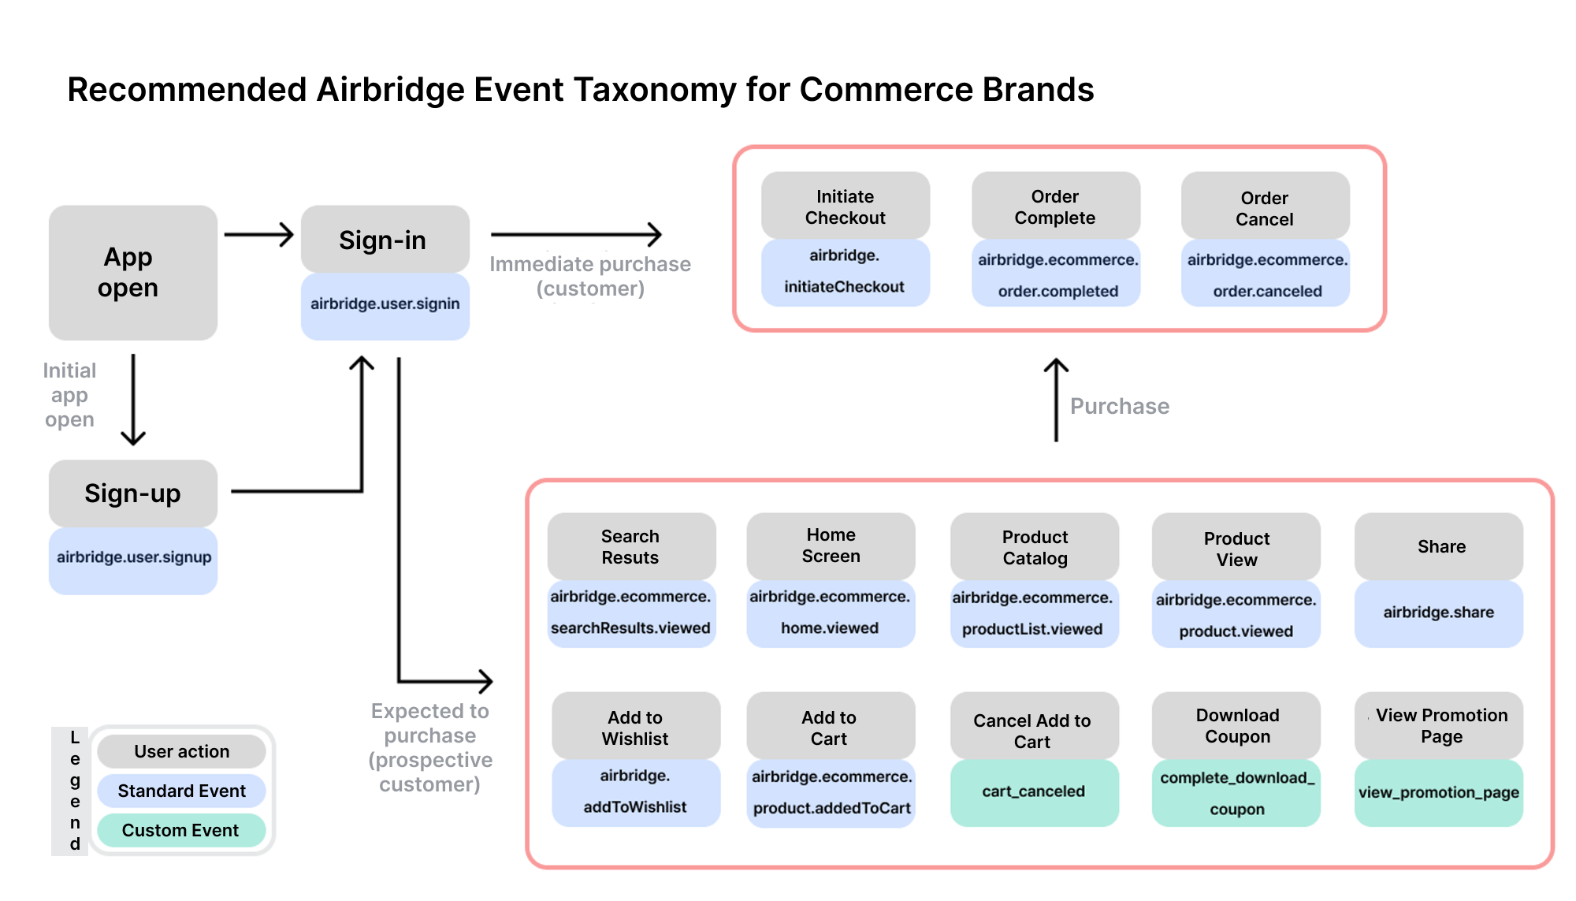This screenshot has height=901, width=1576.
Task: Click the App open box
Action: click(132, 273)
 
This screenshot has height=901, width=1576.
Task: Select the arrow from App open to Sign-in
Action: click(258, 234)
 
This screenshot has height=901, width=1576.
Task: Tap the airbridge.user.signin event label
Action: click(385, 305)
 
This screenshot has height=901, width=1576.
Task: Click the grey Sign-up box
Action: click(132, 493)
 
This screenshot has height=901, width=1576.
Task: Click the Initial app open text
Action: click(69, 395)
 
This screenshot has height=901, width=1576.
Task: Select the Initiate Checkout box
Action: click(845, 207)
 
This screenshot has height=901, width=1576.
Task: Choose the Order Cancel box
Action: click(1264, 208)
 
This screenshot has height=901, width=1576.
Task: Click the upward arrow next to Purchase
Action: click(1056, 400)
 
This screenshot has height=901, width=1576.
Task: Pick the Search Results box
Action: click(630, 546)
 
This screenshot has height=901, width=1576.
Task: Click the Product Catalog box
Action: click(1034, 547)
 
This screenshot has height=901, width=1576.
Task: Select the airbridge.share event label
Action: click(1438, 612)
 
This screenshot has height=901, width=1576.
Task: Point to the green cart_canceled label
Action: click(1033, 791)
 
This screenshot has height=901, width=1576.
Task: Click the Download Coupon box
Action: click(1236, 725)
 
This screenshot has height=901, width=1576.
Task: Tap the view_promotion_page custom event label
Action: click(1438, 793)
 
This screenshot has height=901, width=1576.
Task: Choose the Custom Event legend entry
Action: click(181, 830)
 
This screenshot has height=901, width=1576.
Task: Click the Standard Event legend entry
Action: click(181, 791)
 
